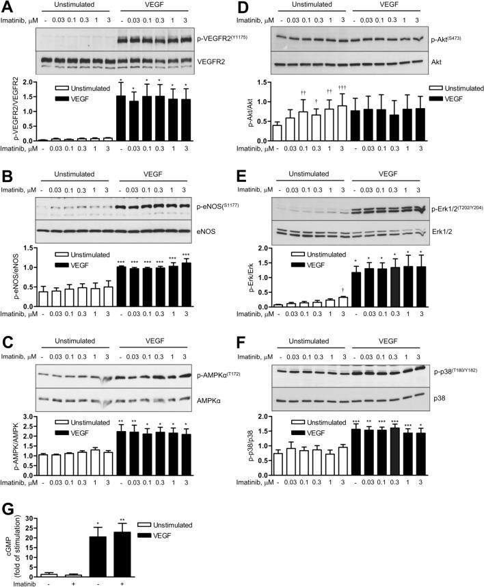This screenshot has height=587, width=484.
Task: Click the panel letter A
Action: pyautogui.click(x=8, y=7)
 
